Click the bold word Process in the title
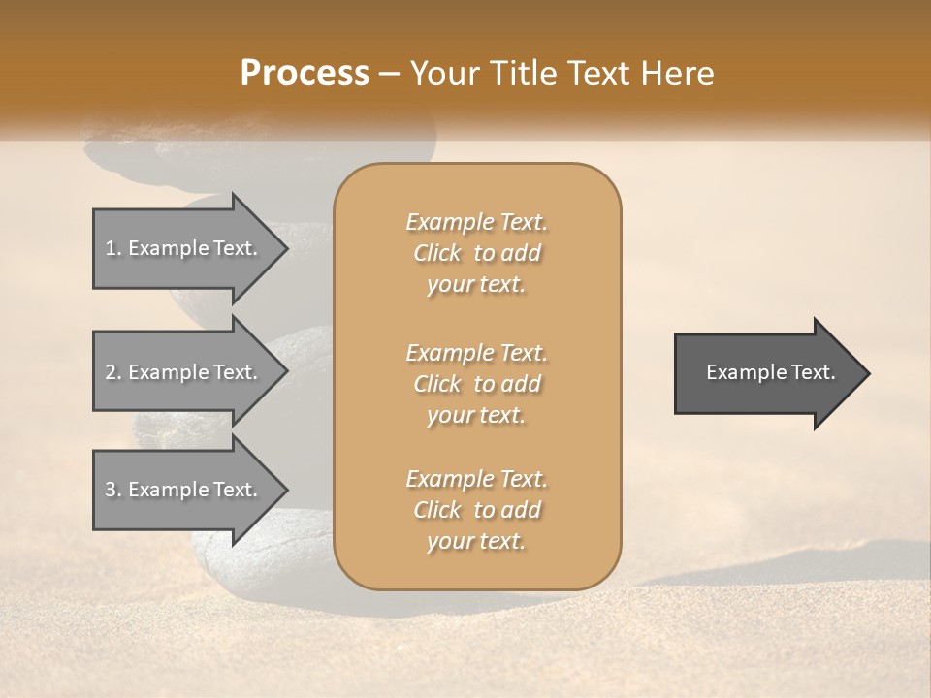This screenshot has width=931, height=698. pos(305,74)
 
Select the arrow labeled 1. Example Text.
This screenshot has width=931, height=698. pos(184,248)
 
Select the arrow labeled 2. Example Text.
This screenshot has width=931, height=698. pos(184,372)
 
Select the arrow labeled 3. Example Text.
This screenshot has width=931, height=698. pos(184,490)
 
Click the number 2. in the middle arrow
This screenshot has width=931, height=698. pos(113,372)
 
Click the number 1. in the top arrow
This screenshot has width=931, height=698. pos(113,248)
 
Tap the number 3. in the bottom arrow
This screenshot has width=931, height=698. pos(113,490)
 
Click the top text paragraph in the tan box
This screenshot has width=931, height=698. pos(477,253)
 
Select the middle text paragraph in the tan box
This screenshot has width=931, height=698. pos(477,384)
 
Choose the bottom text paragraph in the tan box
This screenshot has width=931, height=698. pos(477,510)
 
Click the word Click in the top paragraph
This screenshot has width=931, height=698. pos(437,253)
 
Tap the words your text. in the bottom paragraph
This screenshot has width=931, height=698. pos(476,541)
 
